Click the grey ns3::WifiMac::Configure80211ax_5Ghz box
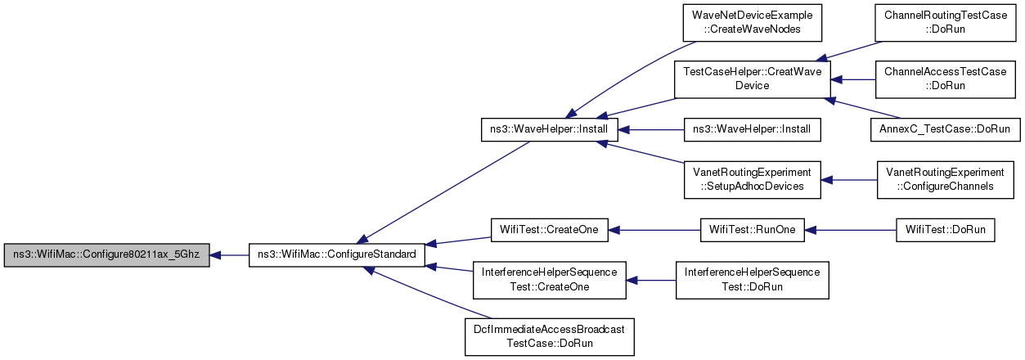(x=106, y=255)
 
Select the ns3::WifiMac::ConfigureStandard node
(x=337, y=255)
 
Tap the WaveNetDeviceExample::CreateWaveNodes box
(x=753, y=23)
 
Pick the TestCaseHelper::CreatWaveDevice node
(x=753, y=79)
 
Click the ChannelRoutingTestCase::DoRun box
(x=946, y=23)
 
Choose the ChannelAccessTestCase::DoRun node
(x=946, y=79)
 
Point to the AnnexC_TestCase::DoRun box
(x=946, y=129)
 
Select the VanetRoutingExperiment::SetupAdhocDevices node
(x=753, y=180)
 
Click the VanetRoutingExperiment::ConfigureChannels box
(x=946, y=180)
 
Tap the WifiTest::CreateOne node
(x=549, y=230)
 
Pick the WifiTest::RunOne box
(x=753, y=230)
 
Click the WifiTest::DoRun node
(x=946, y=230)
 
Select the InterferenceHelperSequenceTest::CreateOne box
(x=549, y=281)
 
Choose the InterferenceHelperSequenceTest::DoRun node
(x=753, y=281)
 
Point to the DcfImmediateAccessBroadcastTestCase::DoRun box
(x=549, y=337)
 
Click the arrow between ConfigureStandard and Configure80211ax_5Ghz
(x=229, y=255)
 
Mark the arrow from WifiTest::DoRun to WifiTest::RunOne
(x=850, y=230)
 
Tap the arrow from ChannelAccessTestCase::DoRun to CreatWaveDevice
(x=853, y=79)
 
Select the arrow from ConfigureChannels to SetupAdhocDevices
(x=849, y=180)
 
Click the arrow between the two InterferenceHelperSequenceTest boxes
(x=650, y=281)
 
